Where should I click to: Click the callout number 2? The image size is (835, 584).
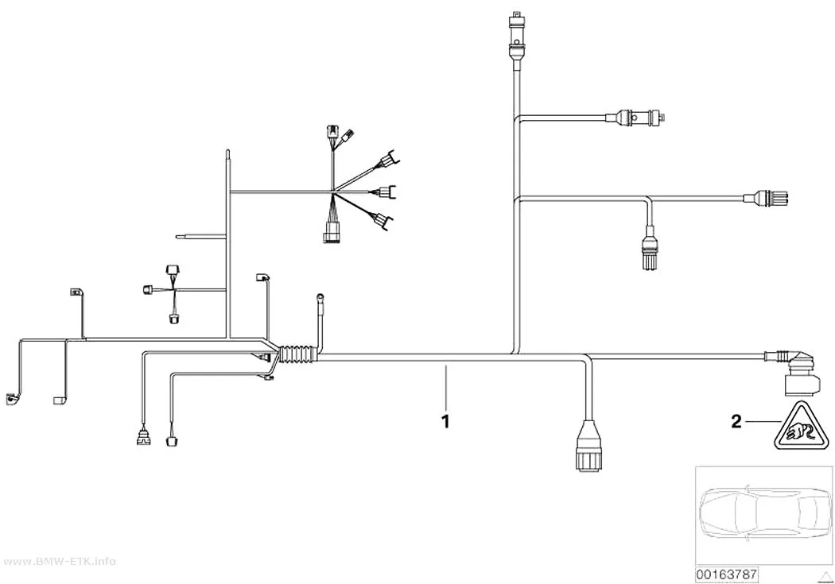coord(736,422)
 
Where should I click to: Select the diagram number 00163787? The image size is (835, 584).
coord(726,574)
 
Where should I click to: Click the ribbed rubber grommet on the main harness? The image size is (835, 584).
coord(298,354)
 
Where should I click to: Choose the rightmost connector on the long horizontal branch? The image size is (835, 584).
coord(766,199)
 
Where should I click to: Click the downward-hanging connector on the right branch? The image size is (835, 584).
coord(649,249)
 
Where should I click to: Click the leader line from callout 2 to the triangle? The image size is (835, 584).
coord(763,422)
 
